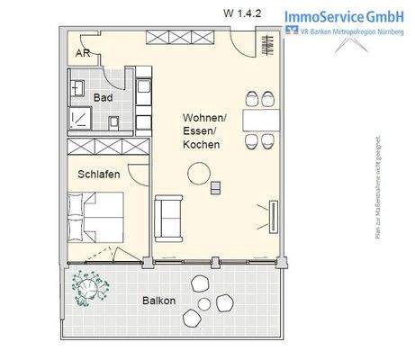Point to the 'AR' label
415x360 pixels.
(x=82, y=53)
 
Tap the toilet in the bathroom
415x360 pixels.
(x=115, y=121)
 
